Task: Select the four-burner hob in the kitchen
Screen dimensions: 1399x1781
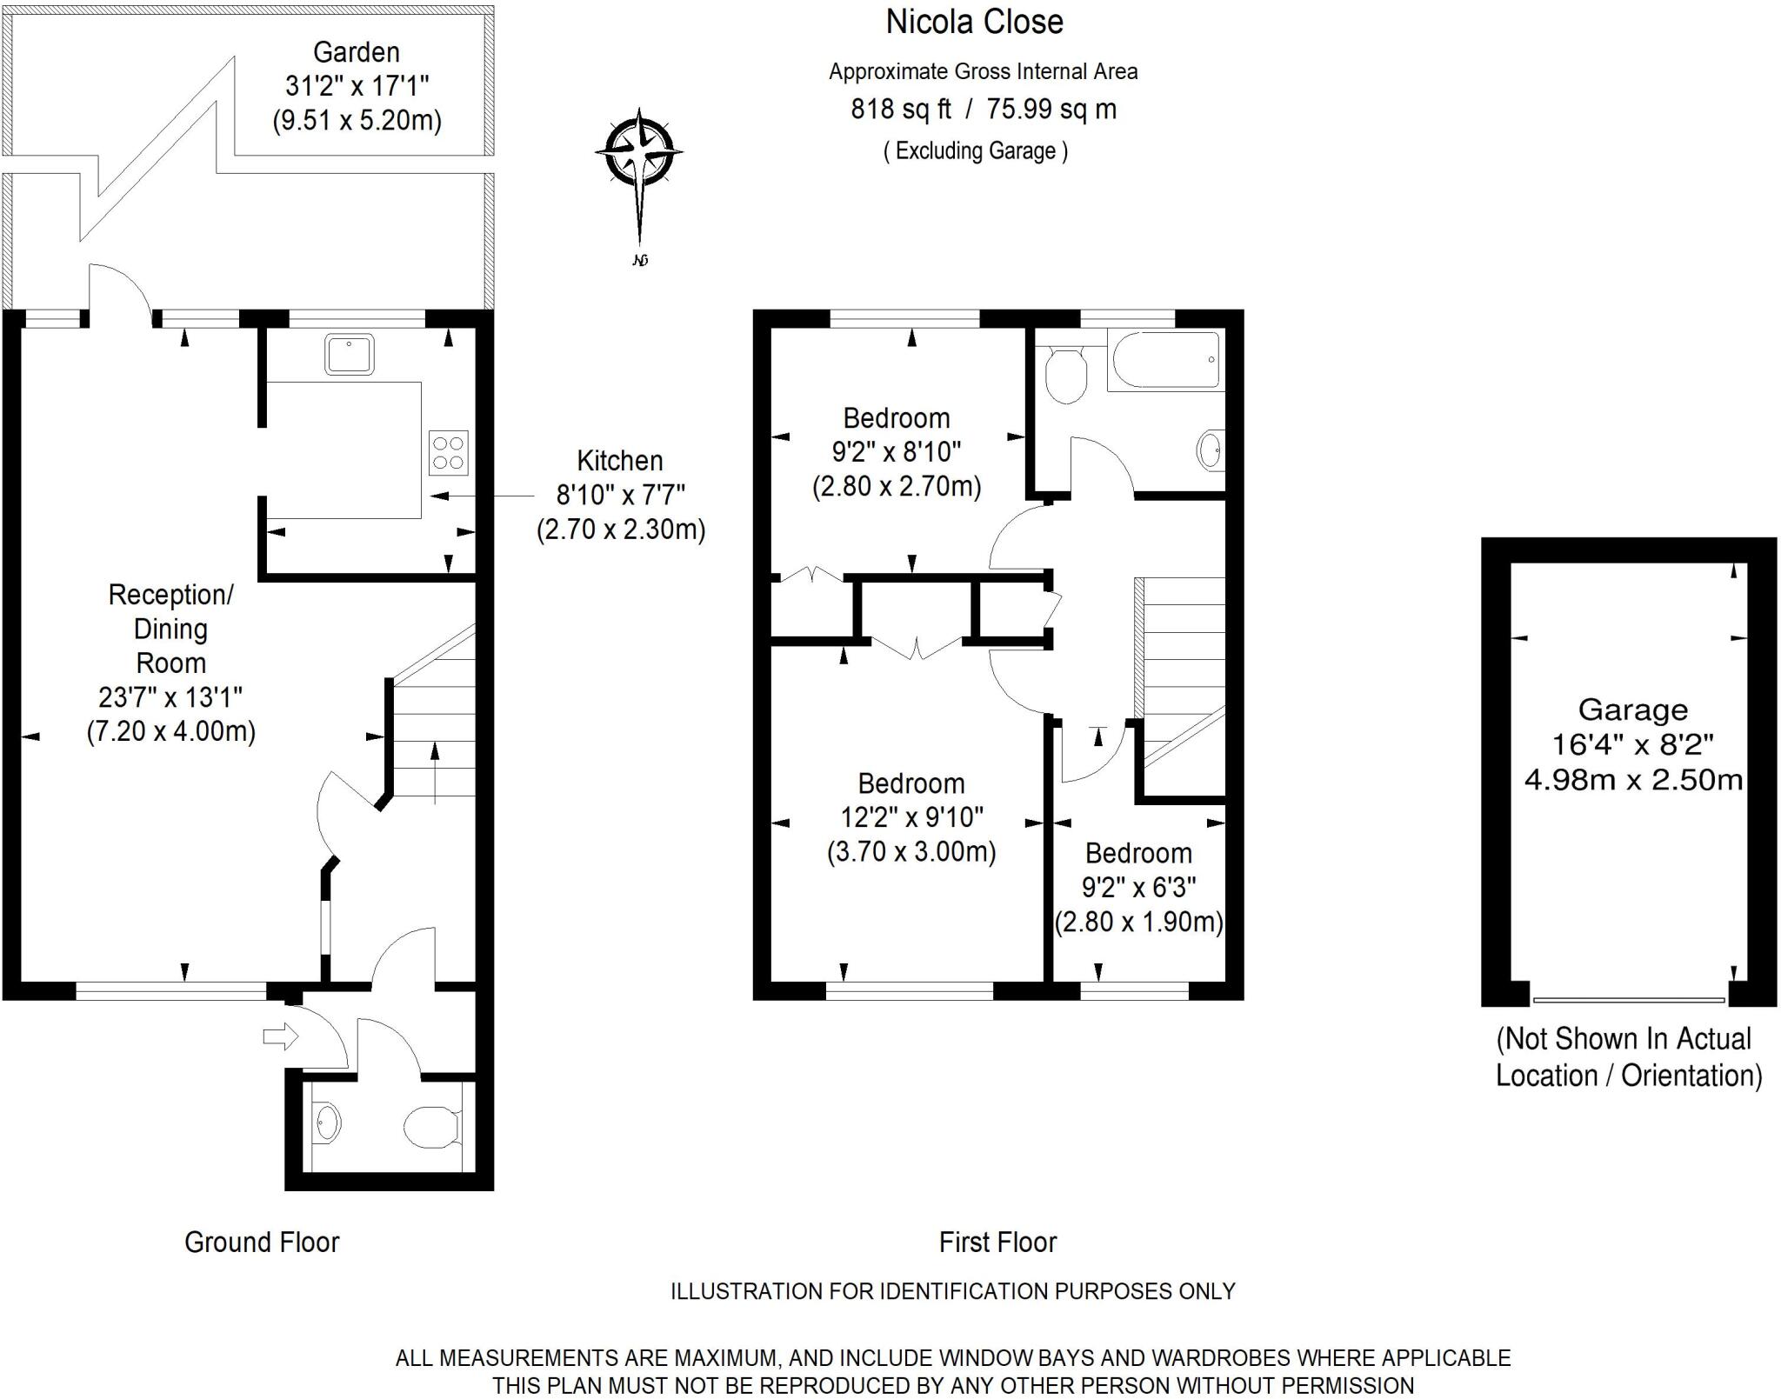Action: tap(448, 453)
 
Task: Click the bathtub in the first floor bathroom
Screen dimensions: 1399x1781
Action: tap(1164, 359)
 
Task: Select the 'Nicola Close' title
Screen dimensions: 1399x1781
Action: tap(974, 22)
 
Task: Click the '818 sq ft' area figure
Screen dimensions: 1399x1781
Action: tap(900, 110)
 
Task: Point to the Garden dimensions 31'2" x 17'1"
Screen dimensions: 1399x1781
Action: tap(357, 86)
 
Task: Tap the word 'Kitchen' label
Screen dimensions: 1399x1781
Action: tap(619, 461)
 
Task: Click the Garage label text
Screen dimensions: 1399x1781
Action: tap(1632, 710)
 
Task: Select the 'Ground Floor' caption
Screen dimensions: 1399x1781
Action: tap(261, 1242)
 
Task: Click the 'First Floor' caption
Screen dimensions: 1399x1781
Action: tap(997, 1242)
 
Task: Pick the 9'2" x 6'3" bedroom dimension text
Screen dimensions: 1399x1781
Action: tap(1138, 887)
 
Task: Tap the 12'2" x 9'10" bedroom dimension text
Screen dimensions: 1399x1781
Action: tap(911, 817)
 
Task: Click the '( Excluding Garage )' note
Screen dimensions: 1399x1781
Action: tap(975, 150)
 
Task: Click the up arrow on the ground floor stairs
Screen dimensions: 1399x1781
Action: tap(435, 770)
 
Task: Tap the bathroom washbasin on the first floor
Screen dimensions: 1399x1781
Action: tap(1210, 450)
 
